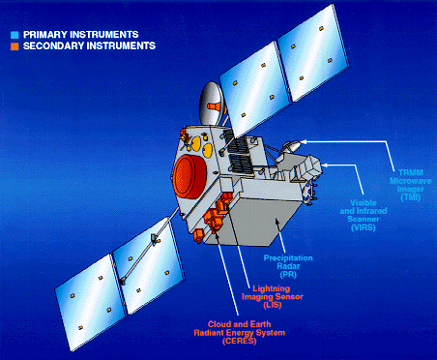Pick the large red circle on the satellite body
point(186,175)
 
